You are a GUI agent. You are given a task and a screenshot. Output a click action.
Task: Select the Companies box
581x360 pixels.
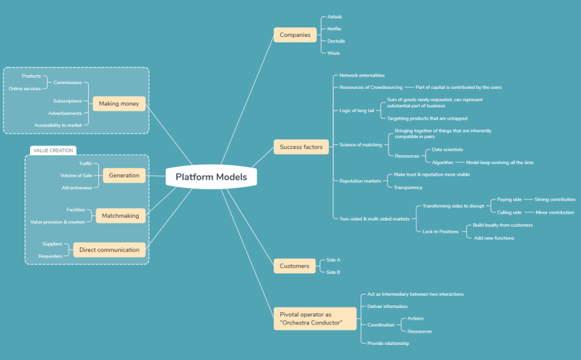(294, 35)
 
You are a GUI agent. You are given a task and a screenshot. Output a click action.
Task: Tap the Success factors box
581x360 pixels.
(300, 147)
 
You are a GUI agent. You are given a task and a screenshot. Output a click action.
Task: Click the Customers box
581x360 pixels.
(294, 266)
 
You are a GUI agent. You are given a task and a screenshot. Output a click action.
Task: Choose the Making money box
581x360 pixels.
(118, 103)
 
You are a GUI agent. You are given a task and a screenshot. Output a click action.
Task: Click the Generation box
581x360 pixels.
(124, 176)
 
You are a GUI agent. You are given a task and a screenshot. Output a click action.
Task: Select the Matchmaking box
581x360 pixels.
(120, 216)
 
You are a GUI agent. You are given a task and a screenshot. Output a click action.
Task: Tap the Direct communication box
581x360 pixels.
(109, 250)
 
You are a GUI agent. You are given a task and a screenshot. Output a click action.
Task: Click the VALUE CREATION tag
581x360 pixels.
(53, 150)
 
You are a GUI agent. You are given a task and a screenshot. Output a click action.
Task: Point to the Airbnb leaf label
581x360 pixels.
(335, 17)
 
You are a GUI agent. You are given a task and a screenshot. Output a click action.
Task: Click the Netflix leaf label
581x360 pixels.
(335, 29)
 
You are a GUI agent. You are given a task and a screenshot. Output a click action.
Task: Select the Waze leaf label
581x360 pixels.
(333, 53)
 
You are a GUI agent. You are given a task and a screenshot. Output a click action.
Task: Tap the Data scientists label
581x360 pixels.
(447, 149)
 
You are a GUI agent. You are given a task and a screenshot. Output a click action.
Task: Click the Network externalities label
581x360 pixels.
(362, 75)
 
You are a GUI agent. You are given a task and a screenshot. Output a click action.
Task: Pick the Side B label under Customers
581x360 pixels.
(333, 272)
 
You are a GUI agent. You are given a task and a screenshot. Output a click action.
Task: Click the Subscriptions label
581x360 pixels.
(68, 101)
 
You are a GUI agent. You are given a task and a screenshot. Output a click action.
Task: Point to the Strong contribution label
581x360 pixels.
(554, 199)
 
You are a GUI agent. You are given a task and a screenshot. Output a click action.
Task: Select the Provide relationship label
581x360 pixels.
(388, 343)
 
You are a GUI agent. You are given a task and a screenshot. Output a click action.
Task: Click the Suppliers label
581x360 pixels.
(53, 244)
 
